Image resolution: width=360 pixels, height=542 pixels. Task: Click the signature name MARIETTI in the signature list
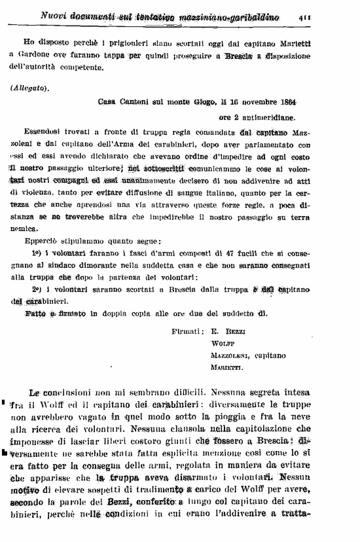point(226,368)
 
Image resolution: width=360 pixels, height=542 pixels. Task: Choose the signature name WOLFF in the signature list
point(223,344)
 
